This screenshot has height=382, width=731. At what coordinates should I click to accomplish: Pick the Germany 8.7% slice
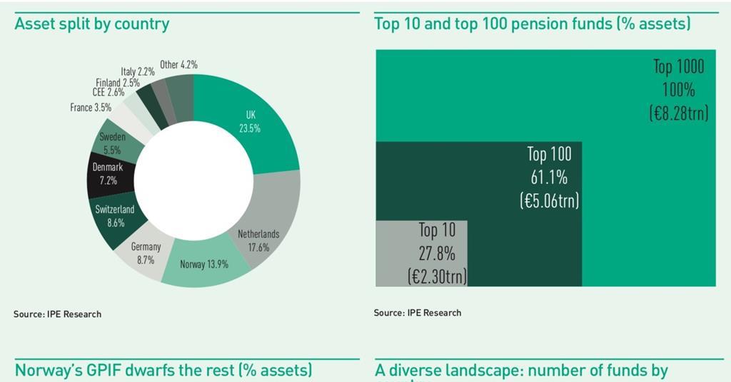coord(146,253)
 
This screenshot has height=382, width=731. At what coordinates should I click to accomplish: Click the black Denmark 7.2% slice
coord(108,174)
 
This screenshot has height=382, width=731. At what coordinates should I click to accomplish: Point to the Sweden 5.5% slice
coord(113,143)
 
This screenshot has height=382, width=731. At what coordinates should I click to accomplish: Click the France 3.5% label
coord(91,108)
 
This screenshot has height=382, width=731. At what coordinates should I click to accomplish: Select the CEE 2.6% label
coord(108,93)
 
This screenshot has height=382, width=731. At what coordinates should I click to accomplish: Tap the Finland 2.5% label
coord(118,83)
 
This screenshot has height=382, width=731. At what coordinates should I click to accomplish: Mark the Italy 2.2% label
coord(138,71)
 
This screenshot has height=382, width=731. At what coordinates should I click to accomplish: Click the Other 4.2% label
coord(178,65)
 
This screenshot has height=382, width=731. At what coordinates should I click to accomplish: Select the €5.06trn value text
coord(549,201)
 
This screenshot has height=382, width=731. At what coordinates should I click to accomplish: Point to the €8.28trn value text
coord(679,113)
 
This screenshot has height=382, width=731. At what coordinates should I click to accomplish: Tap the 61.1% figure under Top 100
coord(549,177)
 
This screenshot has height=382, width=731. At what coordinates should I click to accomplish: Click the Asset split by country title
coord(92,24)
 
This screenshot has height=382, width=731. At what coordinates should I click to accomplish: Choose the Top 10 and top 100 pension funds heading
coord(532,24)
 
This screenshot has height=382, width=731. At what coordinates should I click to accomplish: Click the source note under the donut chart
coord(57,314)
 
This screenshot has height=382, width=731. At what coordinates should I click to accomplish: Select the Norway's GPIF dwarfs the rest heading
coord(163,371)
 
